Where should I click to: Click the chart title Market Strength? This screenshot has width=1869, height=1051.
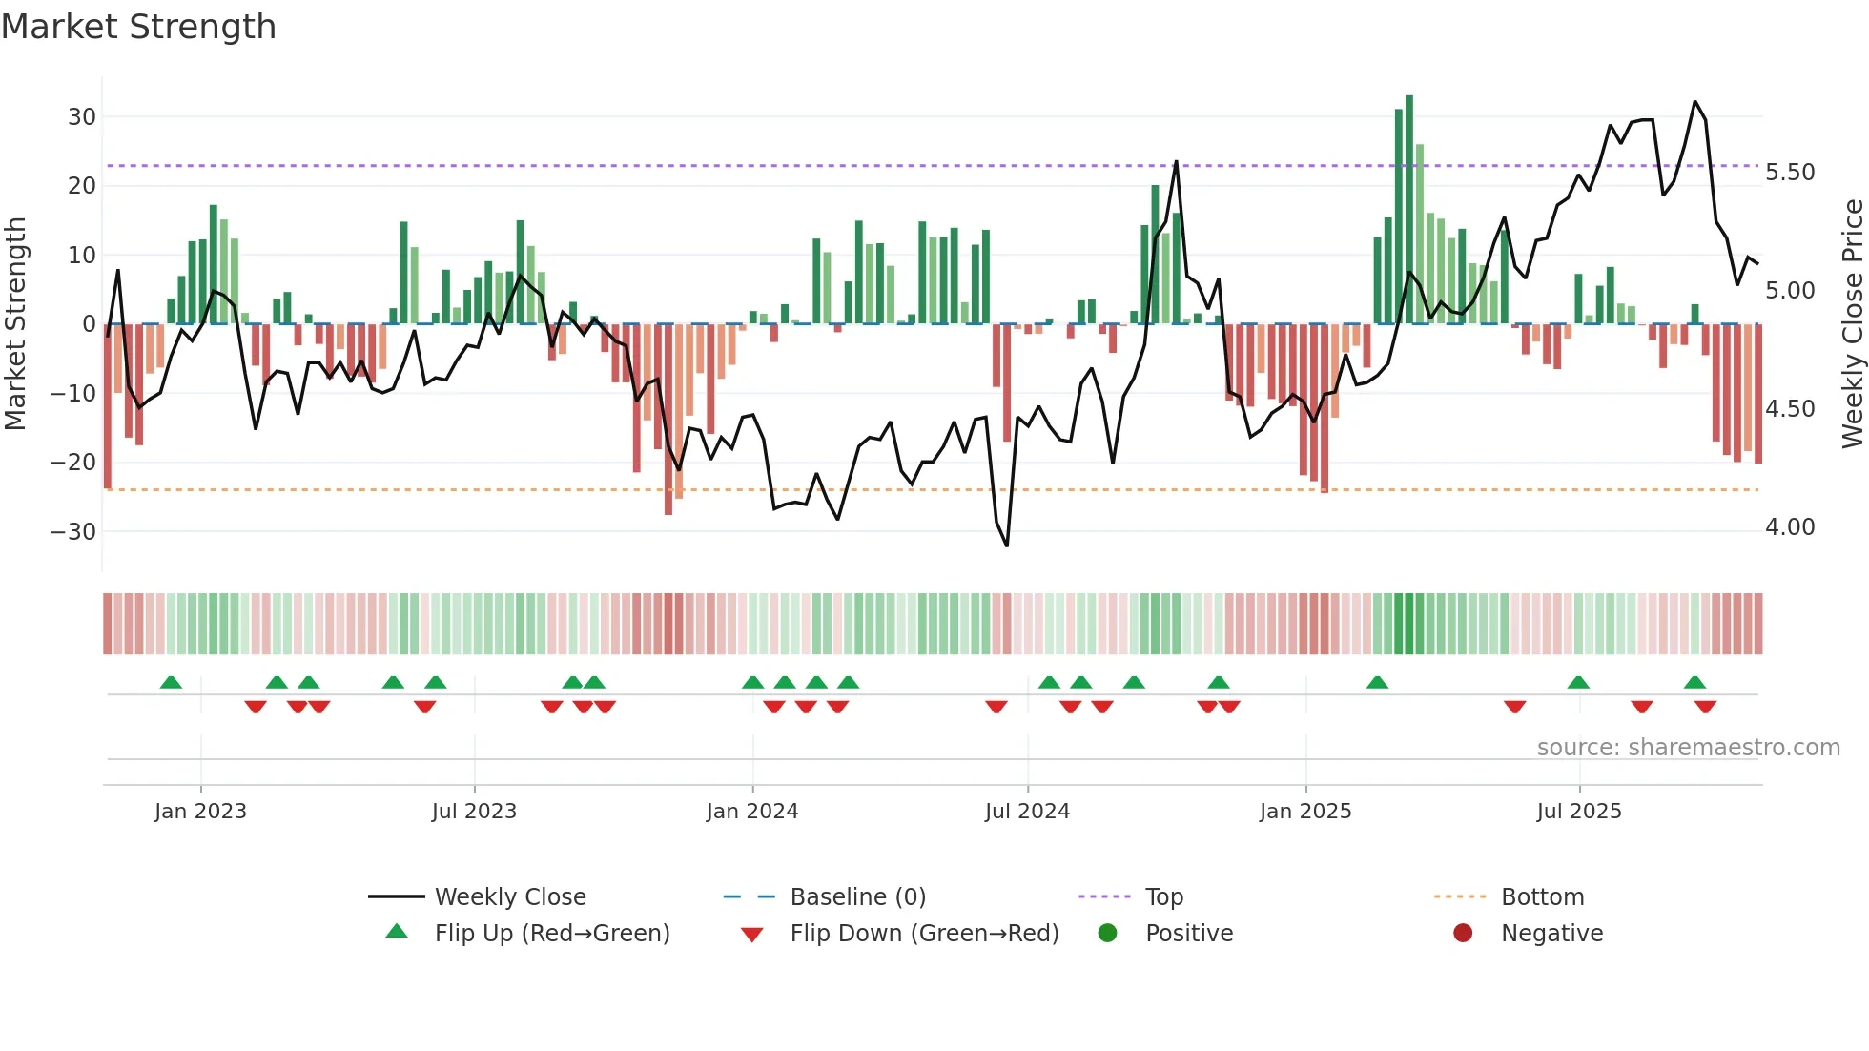click(x=139, y=27)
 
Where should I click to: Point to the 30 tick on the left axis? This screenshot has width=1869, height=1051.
click(x=82, y=117)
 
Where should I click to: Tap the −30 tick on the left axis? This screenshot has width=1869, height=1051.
click(x=74, y=531)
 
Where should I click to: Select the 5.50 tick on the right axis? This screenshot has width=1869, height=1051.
click(x=1790, y=173)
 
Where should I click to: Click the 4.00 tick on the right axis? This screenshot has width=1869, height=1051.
click(x=1790, y=527)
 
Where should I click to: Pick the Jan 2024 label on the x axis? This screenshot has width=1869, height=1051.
click(x=752, y=812)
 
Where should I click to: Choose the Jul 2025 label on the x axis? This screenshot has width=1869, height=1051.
click(x=1579, y=812)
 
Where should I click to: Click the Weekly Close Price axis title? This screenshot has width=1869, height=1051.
click(x=1852, y=324)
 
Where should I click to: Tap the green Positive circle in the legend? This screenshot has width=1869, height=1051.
click(x=1107, y=933)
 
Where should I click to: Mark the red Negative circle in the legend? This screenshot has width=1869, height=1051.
click(x=1463, y=933)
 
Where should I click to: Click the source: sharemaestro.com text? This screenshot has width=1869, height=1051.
click(x=1688, y=748)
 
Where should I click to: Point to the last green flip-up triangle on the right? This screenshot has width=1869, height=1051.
click(x=1694, y=683)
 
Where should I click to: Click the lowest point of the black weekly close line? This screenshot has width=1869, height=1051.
click(x=1007, y=546)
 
